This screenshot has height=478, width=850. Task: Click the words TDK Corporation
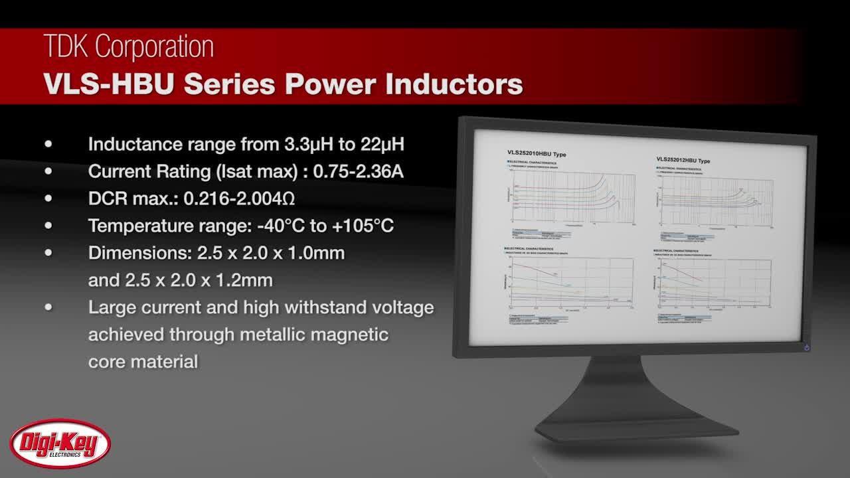129,47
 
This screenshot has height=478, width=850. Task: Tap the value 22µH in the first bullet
382,144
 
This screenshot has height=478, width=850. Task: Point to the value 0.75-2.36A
358,171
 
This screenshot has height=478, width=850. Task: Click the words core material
143,362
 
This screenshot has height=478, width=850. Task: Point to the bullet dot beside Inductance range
48,144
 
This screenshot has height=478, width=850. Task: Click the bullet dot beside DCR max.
48,199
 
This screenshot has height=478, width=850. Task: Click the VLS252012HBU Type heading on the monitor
683,160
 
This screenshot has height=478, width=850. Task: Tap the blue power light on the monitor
807,347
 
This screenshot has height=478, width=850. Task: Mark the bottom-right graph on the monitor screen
715,281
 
